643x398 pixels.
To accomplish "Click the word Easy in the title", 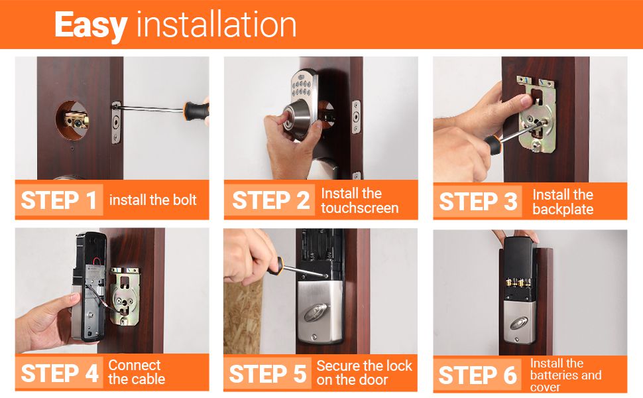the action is [x=91, y=25].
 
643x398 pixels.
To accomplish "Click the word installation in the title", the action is [x=216, y=25].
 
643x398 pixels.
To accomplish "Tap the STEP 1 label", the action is [x=59, y=200].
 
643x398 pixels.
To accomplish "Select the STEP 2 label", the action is [x=270, y=200].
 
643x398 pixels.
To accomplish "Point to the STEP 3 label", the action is [x=478, y=202].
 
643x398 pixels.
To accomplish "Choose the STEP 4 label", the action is [x=60, y=373].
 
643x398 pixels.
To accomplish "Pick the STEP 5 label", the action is [x=268, y=374].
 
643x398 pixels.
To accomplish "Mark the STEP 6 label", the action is [x=478, y=375].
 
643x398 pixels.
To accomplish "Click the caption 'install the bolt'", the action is [x=153, y=200].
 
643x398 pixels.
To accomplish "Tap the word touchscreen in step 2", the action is [x=360, y=208].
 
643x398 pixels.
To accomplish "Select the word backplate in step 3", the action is [x=563, y=209].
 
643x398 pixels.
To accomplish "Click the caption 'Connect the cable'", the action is [x=137, y=372].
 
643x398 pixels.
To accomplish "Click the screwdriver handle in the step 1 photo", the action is [x=196, y=111].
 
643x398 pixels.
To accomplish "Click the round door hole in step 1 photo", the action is [x=72, y=120].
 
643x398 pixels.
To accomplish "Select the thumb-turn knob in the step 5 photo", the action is [x=316, y=312].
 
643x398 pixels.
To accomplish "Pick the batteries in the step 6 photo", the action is [x=519, y=283].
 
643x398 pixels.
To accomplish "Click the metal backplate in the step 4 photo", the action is [x=125, y=295].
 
